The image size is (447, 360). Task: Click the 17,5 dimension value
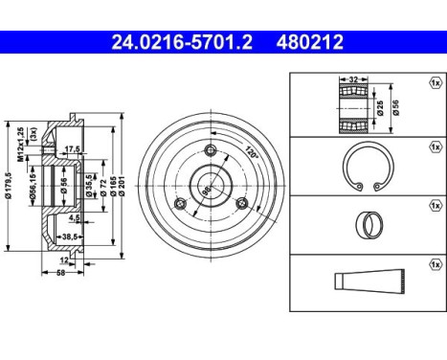(70, 149)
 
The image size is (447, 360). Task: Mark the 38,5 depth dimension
(68, 236)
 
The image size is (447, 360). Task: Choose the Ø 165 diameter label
(112, 183)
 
